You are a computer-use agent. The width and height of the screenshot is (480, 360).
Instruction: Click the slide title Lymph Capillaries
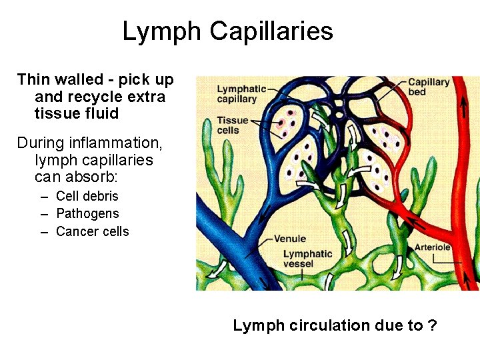[227, 31]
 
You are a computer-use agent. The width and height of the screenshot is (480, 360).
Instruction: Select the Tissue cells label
[233, 125]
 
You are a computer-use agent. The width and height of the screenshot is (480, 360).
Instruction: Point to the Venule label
[290, 239]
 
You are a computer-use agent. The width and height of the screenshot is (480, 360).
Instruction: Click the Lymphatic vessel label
[307, 259]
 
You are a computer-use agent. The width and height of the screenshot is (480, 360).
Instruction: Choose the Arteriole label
[433, 247]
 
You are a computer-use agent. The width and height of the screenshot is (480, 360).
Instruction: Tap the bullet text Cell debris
[87, 196]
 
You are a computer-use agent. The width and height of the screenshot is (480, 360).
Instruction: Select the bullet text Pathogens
[87, 213]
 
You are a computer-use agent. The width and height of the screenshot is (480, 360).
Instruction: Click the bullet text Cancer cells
[93, 231]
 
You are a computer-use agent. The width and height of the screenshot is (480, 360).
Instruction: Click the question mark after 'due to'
[433, 325]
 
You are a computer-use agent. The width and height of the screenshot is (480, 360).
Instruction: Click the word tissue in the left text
[55, 113]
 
